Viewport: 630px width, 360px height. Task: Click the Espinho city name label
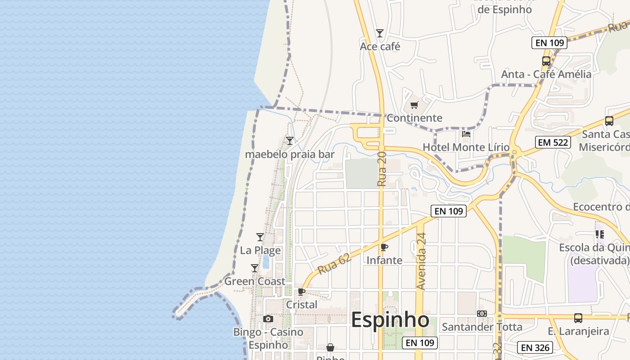point(390,320)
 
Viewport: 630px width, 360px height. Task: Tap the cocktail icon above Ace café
point(380,33)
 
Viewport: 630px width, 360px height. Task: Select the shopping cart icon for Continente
point(414,105)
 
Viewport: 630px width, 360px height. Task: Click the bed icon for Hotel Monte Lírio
point(466,134)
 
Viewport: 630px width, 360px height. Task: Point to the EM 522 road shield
point(553,143)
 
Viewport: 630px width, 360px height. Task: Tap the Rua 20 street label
point(382,169)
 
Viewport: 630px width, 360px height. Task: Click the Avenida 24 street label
point(421,261)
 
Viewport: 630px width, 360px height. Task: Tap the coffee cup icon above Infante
point(384,247)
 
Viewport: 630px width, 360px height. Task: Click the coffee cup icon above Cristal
point(301,292)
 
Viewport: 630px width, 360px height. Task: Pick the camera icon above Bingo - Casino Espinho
point(268,319)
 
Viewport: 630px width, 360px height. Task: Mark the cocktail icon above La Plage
point(260,237)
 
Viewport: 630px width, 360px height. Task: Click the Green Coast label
point(255,281)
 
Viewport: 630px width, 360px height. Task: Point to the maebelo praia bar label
point(290,154)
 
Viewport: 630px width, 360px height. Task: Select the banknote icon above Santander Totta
point(482,314)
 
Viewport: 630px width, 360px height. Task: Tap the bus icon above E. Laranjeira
point(578,318)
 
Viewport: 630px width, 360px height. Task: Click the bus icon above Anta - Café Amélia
point(546,61)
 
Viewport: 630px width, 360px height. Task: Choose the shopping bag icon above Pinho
point(330,347)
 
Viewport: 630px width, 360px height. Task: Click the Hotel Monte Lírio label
point(466,147)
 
